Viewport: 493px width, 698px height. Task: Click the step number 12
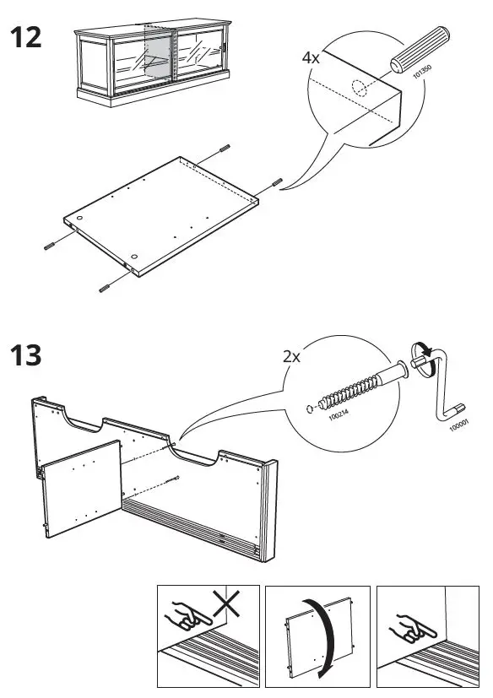(24, 37)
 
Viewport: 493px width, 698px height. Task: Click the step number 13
(24, 355)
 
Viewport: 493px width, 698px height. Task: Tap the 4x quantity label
(311, 58)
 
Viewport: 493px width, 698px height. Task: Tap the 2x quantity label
(291, 356)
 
